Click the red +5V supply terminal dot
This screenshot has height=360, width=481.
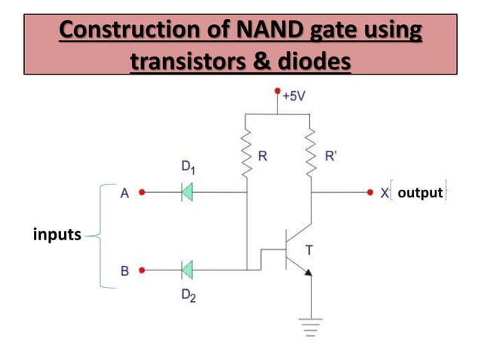click(x=277, y=91)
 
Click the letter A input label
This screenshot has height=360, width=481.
click(x=125, y=193)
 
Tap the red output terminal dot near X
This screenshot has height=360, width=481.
click(x=369, y=193)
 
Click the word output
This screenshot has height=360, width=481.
click(x=420, y=194)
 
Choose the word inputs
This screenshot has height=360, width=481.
click(x=57, y=235)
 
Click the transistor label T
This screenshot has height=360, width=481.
click(x=308, y=250)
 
